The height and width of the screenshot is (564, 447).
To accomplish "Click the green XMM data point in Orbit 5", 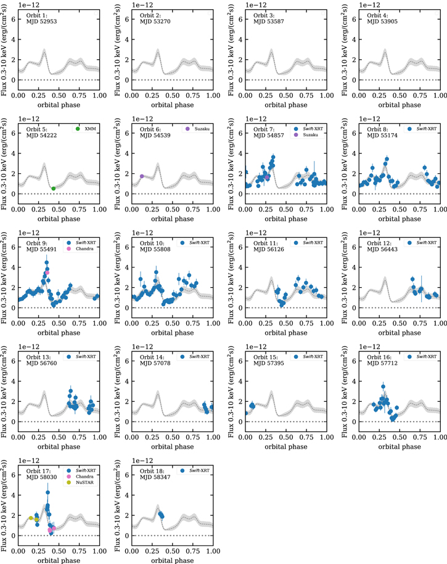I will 53,189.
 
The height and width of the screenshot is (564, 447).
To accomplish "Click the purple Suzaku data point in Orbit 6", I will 142,176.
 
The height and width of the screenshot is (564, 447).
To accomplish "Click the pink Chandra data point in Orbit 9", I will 47,272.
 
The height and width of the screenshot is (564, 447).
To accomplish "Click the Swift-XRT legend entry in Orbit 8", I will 425,129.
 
